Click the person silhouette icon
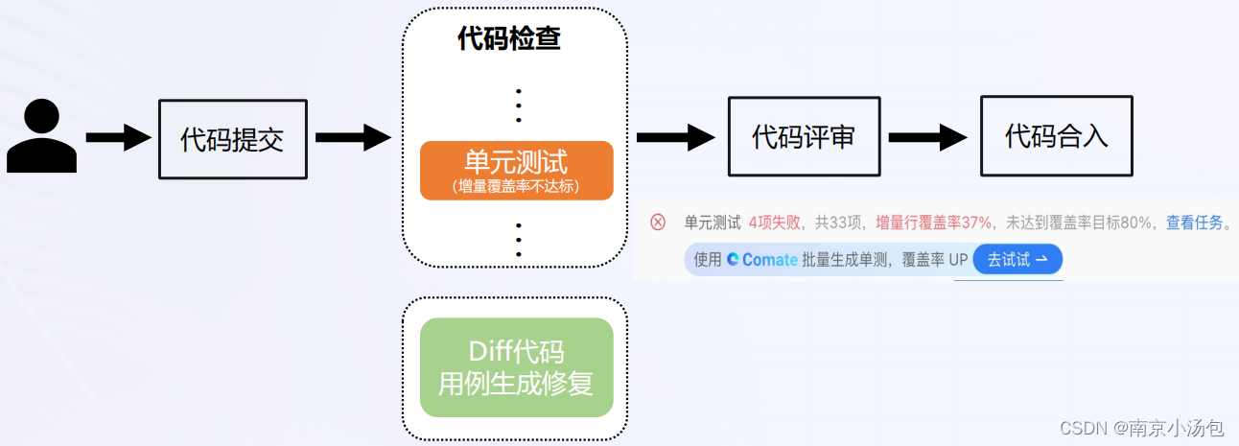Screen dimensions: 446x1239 [x=41, y=137]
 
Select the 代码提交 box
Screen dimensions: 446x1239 [x=232, y=139]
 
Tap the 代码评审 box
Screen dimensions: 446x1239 [x=803, y=136]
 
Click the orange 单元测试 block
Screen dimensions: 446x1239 [x=516, y=170]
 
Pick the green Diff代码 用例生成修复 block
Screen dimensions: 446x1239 [x=516, y=367]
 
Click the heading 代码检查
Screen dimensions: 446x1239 [x=509, y=39]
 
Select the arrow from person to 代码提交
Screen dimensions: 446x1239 [x=118, y=138]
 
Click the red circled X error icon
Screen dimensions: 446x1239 [x=658, y=223]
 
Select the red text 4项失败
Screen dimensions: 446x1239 [x=774, y=223]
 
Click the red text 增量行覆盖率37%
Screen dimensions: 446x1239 [x=933, y=223]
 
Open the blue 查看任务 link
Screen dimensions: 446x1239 [x=1194, y=223]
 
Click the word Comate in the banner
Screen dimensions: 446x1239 [x=769, y=260]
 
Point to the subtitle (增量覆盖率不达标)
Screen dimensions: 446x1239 [x=516, y=187]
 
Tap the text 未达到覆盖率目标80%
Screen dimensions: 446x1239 [x=1078, y=223]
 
